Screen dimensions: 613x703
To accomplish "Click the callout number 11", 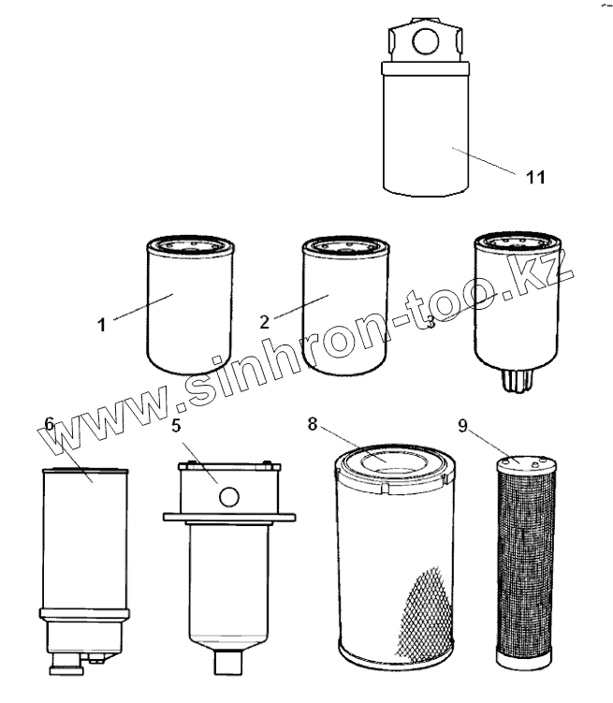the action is point(534,176).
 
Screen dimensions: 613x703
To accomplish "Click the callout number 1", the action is point(102,325).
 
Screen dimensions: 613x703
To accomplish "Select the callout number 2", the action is point(265,320).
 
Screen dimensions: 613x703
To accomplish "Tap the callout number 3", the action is point(430,323).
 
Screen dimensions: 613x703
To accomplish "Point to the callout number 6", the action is point(50,424).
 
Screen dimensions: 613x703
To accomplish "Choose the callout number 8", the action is point(312,422).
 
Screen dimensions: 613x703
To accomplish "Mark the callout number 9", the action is point(462,423).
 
